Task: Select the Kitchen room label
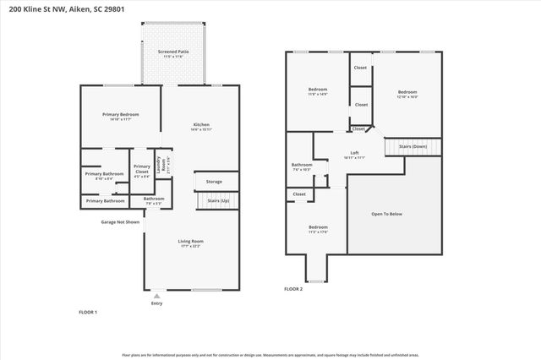(x=200, y=126)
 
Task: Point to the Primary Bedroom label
(x=121, y=116)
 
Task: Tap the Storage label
(x=214, y=182)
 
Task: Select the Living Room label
(x=190, y=243)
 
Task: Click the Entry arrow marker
(x=156, y=296)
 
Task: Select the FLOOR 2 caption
(x=293, y=289)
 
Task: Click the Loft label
(x=355, y=154)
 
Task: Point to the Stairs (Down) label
(x=413, y=146)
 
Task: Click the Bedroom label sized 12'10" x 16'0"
(x=407, y=94)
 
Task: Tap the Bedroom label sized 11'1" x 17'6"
(x=317, y=229)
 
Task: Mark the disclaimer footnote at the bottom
(x=270, y=355)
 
